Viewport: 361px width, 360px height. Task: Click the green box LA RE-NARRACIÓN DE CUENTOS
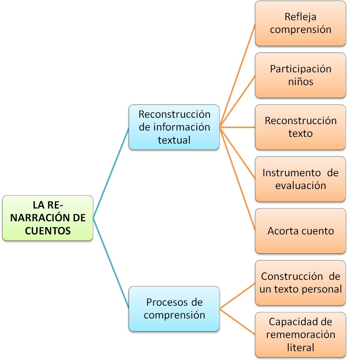pos(48,218)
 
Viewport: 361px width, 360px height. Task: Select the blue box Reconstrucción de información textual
pos(174,127)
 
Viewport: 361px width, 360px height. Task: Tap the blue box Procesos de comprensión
pos(174,309)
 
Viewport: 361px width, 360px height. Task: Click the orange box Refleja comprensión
pos(300,23)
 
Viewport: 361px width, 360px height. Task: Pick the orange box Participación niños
pos(300,75)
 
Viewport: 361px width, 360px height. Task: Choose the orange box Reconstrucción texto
pos(300,127)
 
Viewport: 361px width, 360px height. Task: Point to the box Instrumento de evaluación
pos(300,179)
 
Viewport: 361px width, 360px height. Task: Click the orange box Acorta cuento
pos(300,231)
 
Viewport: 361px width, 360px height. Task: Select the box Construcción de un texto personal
pos(300,283)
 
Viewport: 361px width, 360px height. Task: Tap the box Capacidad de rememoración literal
pos(300,334)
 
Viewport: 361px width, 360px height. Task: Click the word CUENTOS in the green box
pos(48,231)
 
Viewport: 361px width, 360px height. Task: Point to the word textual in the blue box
pos(174,140)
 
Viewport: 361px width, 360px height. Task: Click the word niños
pos(300,82)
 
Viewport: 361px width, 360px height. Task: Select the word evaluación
pos(300,185)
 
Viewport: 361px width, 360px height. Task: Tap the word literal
pos(300,347)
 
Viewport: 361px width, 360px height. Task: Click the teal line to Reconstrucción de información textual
pos(111,172)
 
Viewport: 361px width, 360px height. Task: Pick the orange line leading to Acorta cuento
pos(238,179)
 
